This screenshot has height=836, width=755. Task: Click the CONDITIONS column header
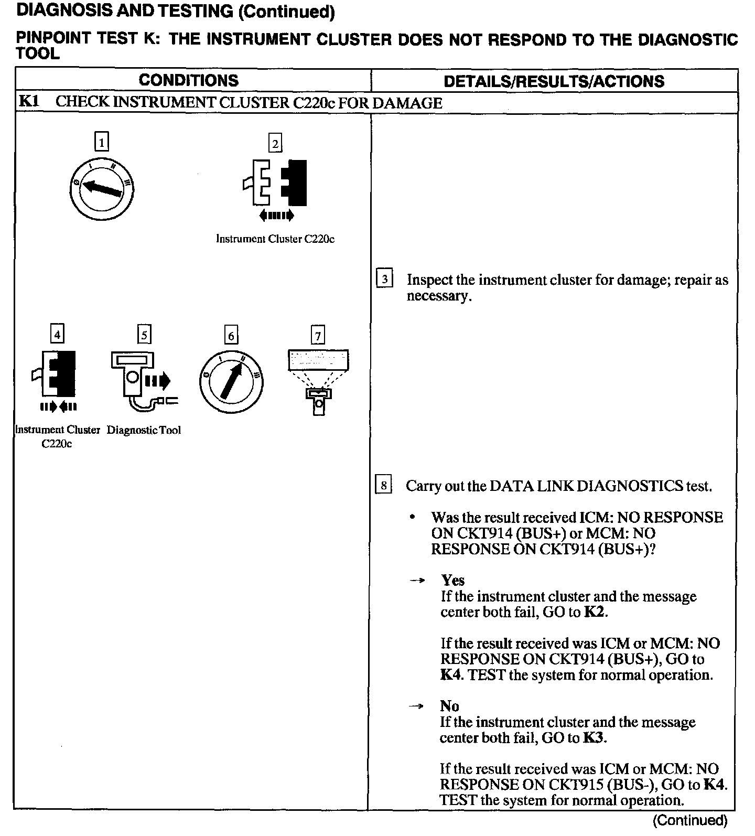tap(189, 80)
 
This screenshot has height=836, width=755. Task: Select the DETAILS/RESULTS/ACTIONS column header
tap(554, 81)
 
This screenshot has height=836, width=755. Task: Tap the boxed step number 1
tap(102, 142)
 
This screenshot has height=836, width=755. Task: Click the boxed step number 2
tap(275, 143)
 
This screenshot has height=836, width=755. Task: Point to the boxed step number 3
tap(384, 279)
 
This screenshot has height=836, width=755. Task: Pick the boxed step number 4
tap(57, 334)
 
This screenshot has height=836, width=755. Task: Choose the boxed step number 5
tap(144, 335)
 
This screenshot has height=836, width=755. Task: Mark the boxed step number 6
tap(231, 335)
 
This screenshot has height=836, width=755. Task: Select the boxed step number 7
tap(318, 335)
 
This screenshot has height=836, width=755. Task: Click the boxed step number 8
tap(384, 485)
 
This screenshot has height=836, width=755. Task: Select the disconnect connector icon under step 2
tap(275, 189)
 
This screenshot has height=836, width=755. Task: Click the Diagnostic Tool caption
tap(144, 430)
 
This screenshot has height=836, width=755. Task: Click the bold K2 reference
tap(595, 612)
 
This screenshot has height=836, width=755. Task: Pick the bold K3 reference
tap(594, 738)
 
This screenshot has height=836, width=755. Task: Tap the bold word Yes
tap(452, 580)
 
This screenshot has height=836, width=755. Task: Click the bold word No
tap(449, 706)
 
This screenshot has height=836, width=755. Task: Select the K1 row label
tap(29, 102)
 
